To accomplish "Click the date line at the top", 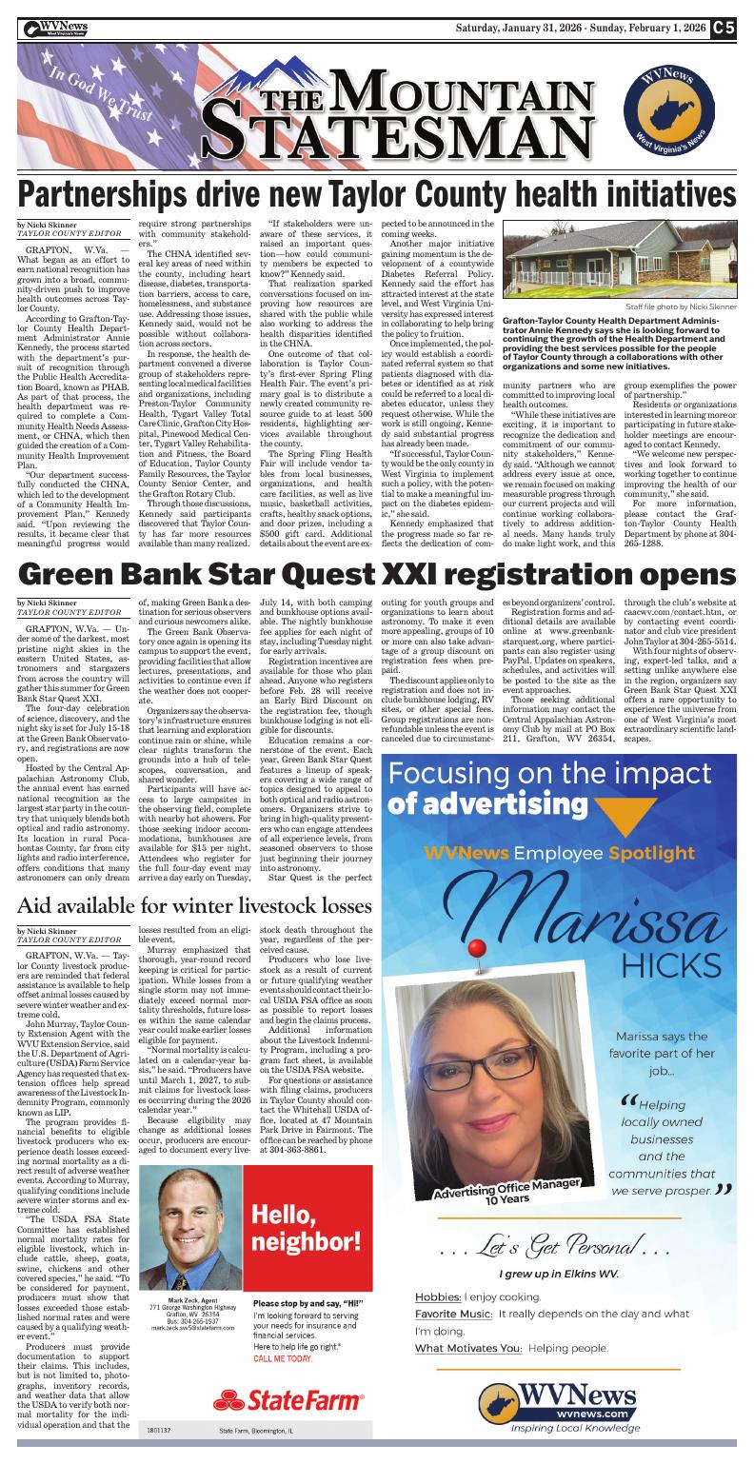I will tap(582, 28).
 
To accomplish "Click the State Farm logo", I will tap(288, 1400).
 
